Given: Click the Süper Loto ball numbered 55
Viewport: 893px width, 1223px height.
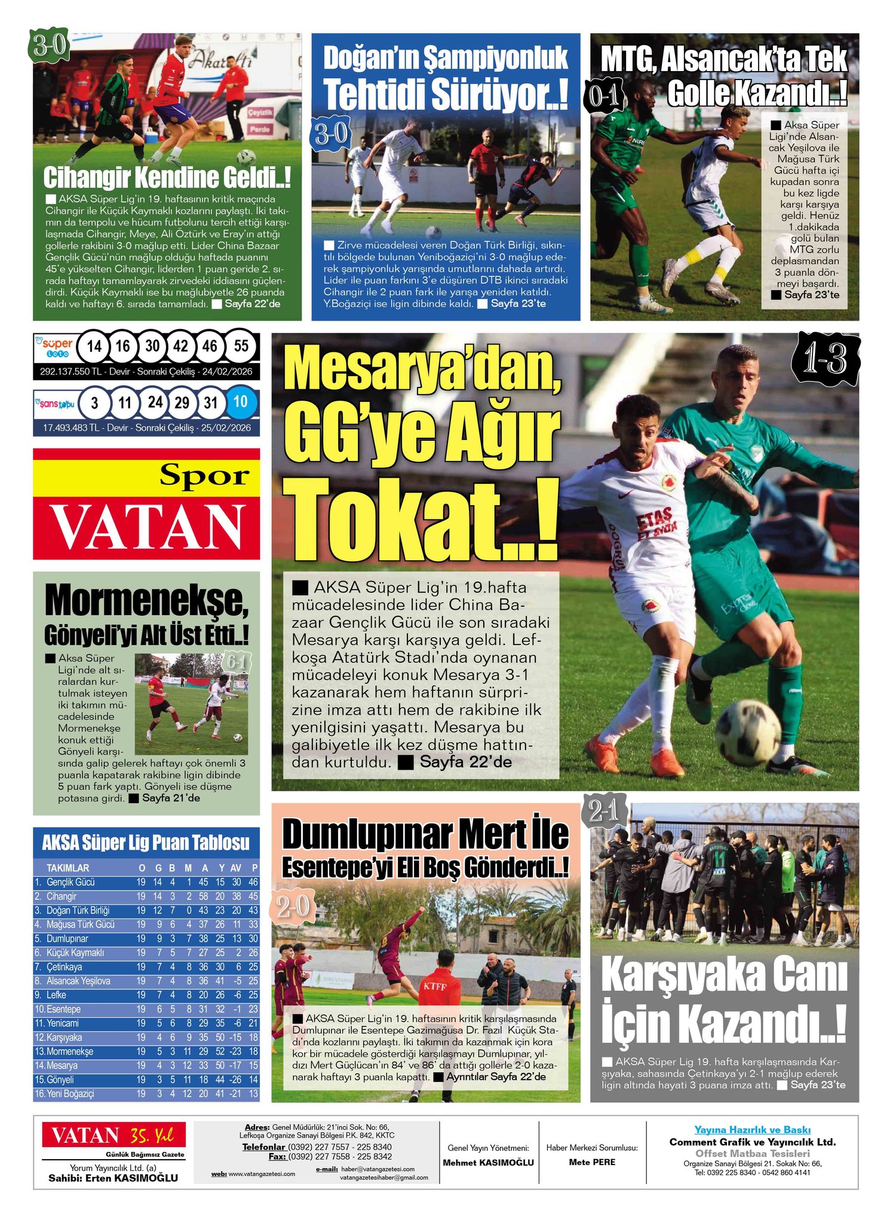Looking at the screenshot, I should tap(241, 346).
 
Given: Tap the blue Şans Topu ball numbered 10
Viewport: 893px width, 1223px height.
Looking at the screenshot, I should tap(240, 402).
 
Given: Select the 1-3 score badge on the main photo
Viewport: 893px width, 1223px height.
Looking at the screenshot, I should tap(826, 359).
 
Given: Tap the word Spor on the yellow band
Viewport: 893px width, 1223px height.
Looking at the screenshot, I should tap(204, 476).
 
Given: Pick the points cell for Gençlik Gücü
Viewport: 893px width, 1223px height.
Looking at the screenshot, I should tap(253, 882).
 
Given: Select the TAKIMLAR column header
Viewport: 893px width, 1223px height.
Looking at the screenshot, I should tap(67, 868).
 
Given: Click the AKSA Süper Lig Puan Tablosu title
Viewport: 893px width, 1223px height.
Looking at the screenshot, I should tap(146, 843).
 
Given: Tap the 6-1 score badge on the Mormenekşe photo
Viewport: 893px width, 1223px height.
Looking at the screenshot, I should tap(236, 662).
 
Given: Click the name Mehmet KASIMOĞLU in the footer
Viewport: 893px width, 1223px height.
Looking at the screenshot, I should tap(488, 1162).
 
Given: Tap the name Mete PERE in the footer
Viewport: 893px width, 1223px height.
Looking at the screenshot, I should tap(592, 1161).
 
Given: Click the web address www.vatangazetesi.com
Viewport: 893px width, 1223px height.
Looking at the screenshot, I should tap(262, 1173).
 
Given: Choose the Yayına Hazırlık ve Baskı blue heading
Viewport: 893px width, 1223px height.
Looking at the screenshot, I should tap(752, 1129).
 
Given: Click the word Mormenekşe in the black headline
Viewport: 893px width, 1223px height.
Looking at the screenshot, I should tap(145, 601).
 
